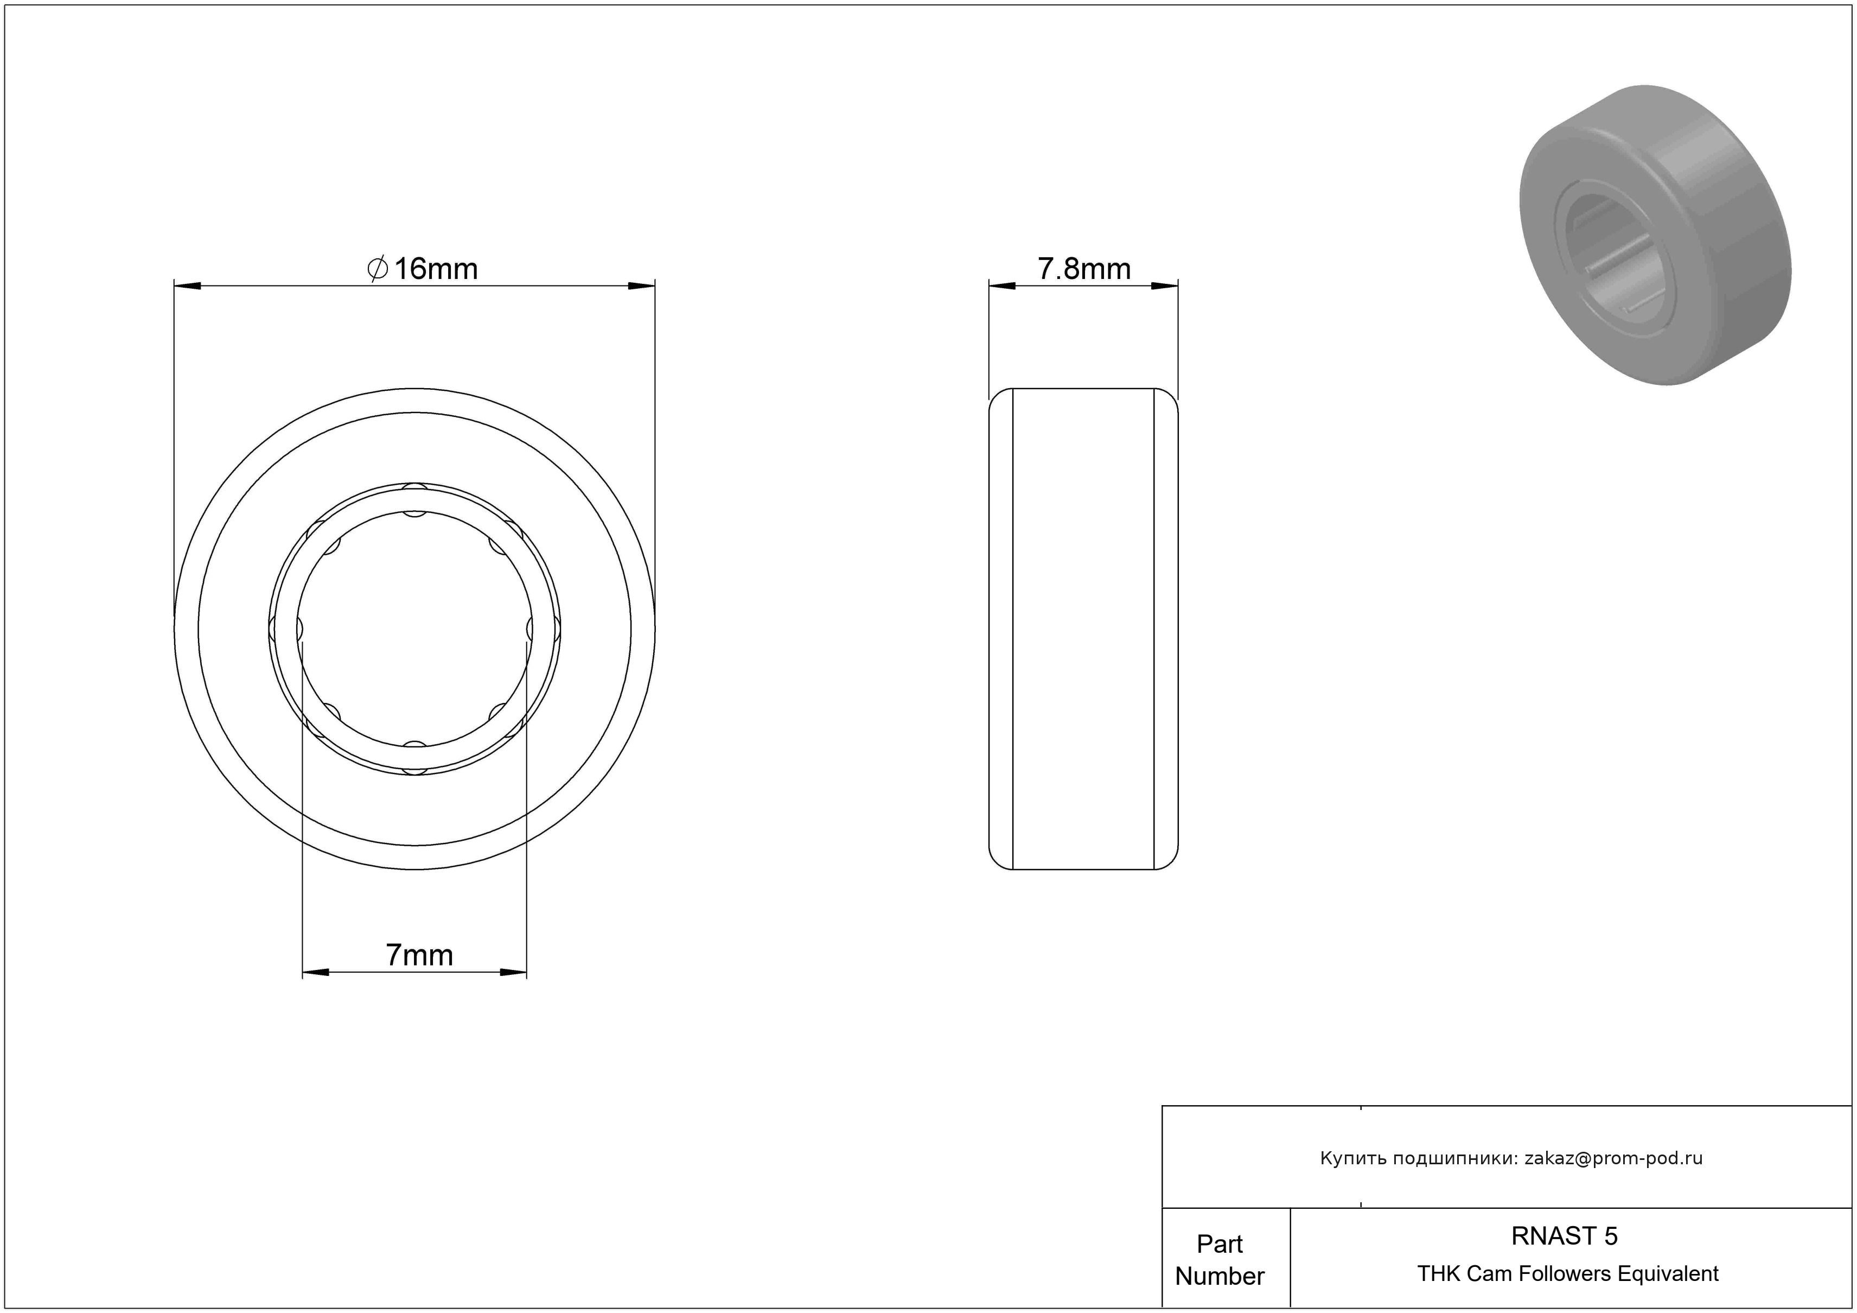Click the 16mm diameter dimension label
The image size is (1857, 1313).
click(x=422, y=269)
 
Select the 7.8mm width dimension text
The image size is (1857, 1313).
click(x=1084, y=269)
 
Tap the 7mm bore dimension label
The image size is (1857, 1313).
click(x=419, y=955)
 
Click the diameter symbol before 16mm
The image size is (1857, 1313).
click(x=378, y=269)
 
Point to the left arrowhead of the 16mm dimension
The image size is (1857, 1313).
click(x=188, y=286)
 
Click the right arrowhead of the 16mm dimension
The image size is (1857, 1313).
click(x=641, y=286)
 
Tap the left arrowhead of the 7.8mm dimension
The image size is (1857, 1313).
click(x=1002, y=286)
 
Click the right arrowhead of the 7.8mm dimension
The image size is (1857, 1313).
click(x=1165, y=286)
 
